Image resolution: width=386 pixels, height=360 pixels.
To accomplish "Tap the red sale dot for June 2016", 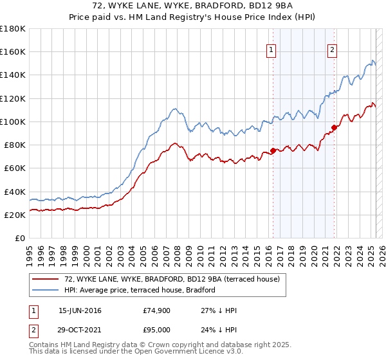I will pyautogui.click(x=273, y=150).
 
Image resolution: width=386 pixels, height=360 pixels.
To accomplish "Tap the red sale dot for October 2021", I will pyautogui.click(x=334, y=127).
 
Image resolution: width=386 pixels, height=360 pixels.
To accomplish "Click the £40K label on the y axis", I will pyautogui.click(x=15, y=192).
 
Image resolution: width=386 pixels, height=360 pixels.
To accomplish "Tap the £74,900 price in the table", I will pyautogui.click(x=156, y=310).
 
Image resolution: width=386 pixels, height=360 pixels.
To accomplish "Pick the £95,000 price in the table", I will pyautogui.click(x=156, y=330).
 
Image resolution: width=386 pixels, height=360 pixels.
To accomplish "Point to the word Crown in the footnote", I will pyautogui.click(x=159, y=345).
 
